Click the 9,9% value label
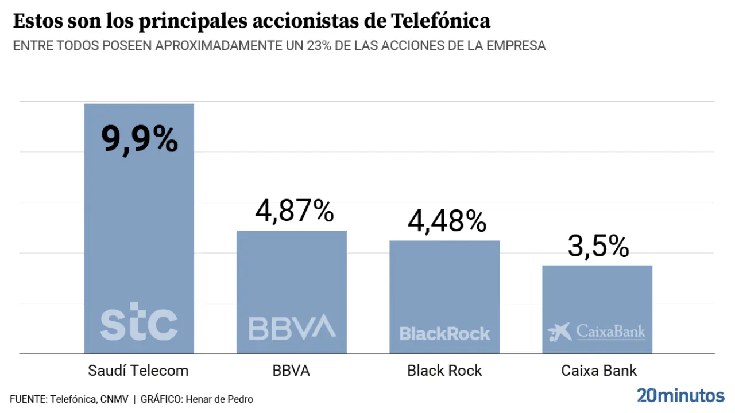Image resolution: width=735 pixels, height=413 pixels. [x=140, y=139]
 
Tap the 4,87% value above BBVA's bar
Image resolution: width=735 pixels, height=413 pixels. [x=295, y=211]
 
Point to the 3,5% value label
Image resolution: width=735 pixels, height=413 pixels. [x=598, y=246]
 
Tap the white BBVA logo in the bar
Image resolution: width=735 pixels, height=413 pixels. [x=292, y=327]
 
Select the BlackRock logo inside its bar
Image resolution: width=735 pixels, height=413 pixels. [x=444, y=333]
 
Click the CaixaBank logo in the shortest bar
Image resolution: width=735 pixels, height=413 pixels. [x=597, y=332]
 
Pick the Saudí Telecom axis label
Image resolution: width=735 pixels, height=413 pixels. [x=138, y=371]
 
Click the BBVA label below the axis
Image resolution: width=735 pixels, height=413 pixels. [x=291, y=371]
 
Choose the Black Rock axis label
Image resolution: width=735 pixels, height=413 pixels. [x=444, y=371]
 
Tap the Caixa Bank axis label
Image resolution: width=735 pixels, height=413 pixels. [x=599, y=371]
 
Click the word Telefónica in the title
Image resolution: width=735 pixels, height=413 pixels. [x=440, y=21]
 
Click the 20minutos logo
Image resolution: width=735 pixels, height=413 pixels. [x=680, y=395]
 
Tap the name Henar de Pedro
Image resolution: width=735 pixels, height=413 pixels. [x=219, y=399]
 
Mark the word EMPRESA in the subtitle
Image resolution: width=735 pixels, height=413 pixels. [x=516, y=46]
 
